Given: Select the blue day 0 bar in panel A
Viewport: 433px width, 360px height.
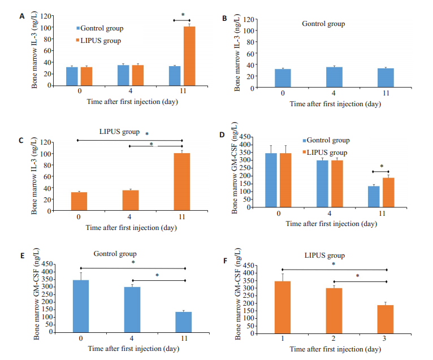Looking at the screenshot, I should click(x=71, y=76).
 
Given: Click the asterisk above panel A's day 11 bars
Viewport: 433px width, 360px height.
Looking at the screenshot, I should click(x=183, y=15).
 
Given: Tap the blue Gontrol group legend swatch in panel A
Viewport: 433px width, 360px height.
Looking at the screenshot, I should click(x=80, y=28).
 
